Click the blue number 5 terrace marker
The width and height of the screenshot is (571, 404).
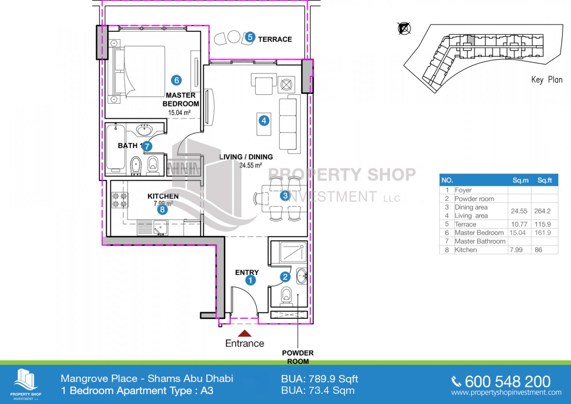(250, 37)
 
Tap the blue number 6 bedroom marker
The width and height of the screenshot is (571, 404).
(176, 80)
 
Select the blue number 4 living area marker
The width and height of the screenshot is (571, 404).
(264, 120)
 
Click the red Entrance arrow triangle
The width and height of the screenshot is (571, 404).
(245, 333)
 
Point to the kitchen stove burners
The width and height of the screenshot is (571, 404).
(120, 200)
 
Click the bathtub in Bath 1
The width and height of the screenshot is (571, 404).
(116, 147)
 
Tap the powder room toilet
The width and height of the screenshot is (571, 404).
(286, 296)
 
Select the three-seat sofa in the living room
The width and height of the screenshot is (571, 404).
(289, 124)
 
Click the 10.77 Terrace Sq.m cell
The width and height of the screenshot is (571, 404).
(519, 224)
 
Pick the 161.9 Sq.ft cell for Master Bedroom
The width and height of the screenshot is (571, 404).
(543, 233)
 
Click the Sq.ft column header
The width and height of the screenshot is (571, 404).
(544, 180)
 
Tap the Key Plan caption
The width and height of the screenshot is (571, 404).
(547, 80)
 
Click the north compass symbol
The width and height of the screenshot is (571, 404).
(404, 28)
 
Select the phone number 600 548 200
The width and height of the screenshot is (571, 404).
(507, 382)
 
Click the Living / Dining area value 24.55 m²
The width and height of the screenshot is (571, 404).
(251, 165)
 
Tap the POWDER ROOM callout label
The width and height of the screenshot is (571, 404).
(298, 357)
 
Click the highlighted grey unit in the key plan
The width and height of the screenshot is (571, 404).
(470, 40)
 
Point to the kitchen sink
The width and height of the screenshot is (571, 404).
(160, 227)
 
